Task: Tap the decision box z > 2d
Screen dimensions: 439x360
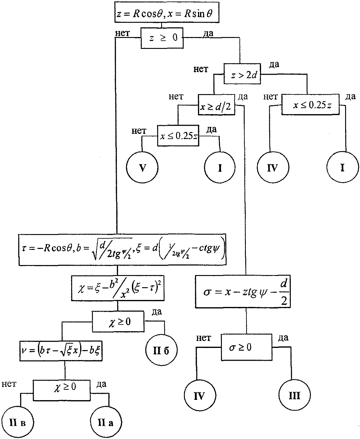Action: click(x=242, y=74)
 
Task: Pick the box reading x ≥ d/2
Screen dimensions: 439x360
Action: click(x=216, y=105)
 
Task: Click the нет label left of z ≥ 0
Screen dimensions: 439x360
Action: click(x=122, y=33)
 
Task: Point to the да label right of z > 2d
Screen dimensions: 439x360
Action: click(x=274, y=64)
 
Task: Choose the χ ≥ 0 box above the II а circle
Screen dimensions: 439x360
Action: click(x=62, y=390)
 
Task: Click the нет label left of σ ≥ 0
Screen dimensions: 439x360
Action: click(x=204, y=338)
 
